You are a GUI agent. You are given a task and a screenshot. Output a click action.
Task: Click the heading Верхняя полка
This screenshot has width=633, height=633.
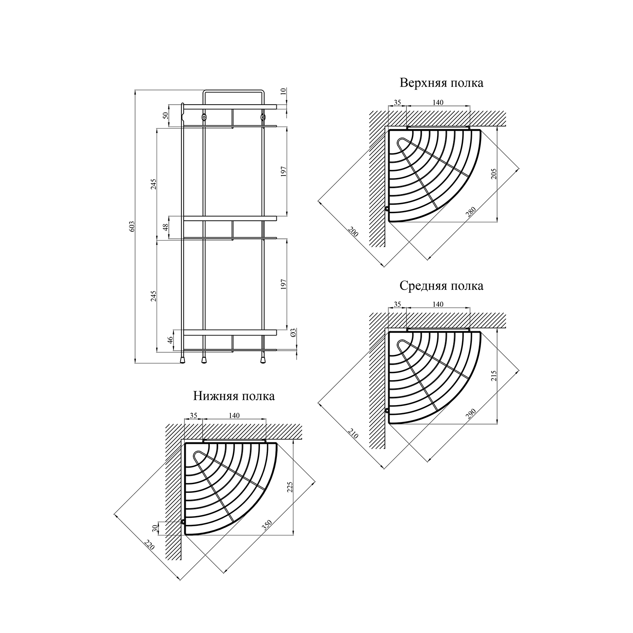point(441,83)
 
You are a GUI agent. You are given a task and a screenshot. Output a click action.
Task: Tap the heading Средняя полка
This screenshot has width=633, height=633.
point(441,286)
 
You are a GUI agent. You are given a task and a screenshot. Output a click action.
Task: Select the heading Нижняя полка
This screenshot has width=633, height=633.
point(234,396)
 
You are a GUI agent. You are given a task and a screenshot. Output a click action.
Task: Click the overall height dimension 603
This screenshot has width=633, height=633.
point(132,227)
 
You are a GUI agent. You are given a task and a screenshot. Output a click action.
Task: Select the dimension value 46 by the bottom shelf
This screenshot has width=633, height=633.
point(171,341)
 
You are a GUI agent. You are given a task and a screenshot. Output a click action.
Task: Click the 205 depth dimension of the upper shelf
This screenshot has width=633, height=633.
point(494,173)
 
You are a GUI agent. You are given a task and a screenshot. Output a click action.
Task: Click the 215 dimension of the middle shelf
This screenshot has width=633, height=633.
point(494,376)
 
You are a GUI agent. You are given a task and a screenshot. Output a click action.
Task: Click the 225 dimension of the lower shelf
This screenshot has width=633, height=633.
point(290,487)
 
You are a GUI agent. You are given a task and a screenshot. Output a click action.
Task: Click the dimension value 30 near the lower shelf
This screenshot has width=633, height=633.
point(155,527)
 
